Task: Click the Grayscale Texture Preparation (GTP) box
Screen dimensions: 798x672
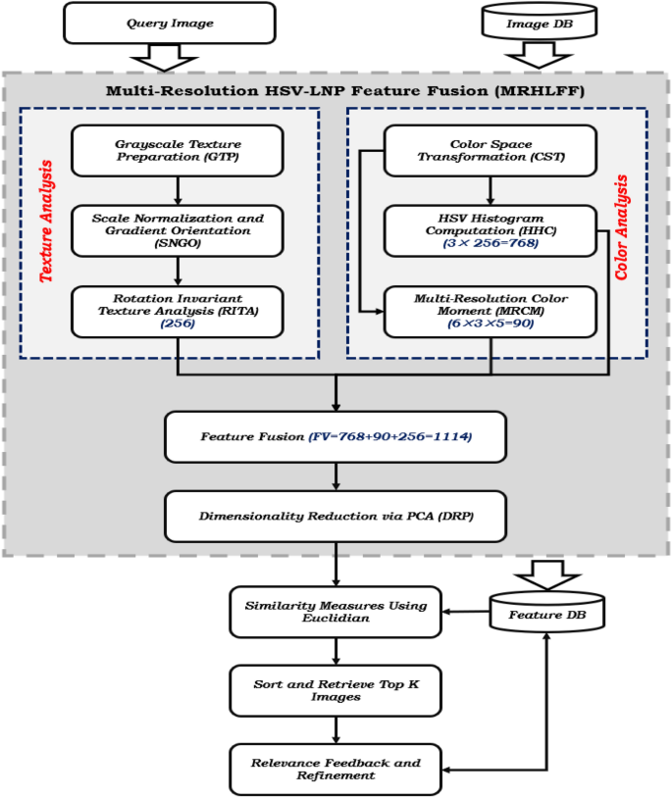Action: click(x=176, y=149)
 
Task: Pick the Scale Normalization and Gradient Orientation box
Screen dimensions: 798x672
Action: click(x=176, y=229)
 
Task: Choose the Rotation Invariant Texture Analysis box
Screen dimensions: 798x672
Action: click(x=176, y=311)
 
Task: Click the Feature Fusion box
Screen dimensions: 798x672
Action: click(x=336, y=436)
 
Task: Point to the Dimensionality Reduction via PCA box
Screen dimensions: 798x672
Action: click(x=336, y=517)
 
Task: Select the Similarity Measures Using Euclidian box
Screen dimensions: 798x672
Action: click(x=336, y=612)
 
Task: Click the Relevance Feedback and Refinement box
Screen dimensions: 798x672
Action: click(x=336, y=768)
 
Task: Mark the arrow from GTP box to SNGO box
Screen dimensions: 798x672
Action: click(x=176, y=189)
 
